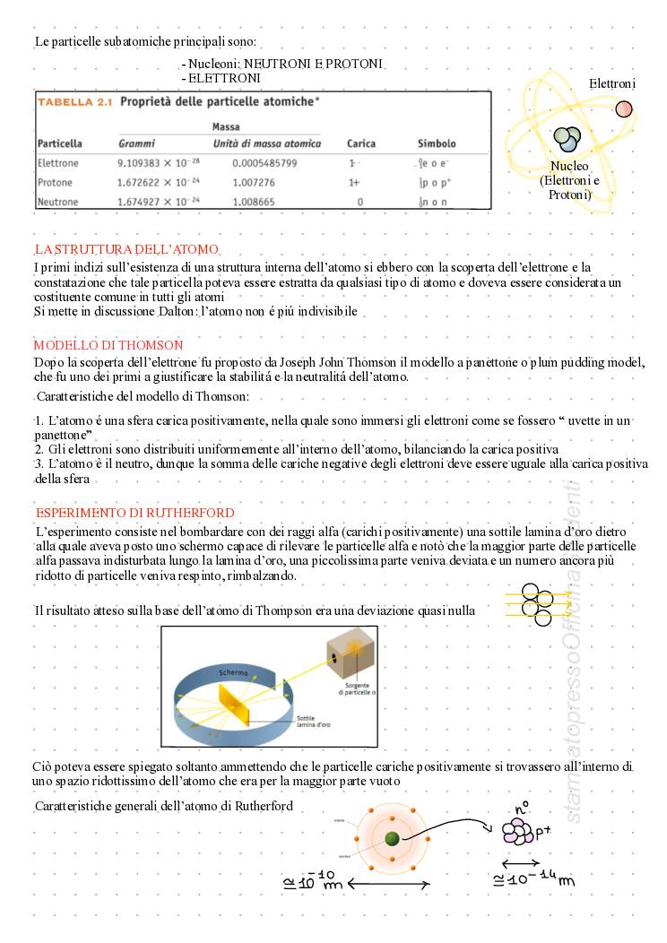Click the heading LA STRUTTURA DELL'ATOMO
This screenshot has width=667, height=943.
tap(126, 248)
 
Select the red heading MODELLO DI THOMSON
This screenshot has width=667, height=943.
tap(108, 344)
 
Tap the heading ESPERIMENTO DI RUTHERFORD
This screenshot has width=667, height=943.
tap(135, 513)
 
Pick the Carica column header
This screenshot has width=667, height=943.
tap(361, 143)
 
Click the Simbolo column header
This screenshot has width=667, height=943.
tap(437, 143)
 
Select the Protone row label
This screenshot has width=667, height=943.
tap(56, 182)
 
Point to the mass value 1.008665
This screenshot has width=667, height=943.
tap(254, 202)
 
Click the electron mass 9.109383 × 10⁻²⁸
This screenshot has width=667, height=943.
tap(159, 163)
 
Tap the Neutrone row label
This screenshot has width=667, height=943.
tap(58, 202)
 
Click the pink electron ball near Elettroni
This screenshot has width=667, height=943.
tap(624, 109)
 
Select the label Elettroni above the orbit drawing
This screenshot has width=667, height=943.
tap(612, 83)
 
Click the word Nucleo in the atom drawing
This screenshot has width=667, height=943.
tap(569, 166)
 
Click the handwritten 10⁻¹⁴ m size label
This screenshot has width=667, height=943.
tap(534, 878)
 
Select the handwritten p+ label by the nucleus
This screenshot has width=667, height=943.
tap(543, 834)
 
